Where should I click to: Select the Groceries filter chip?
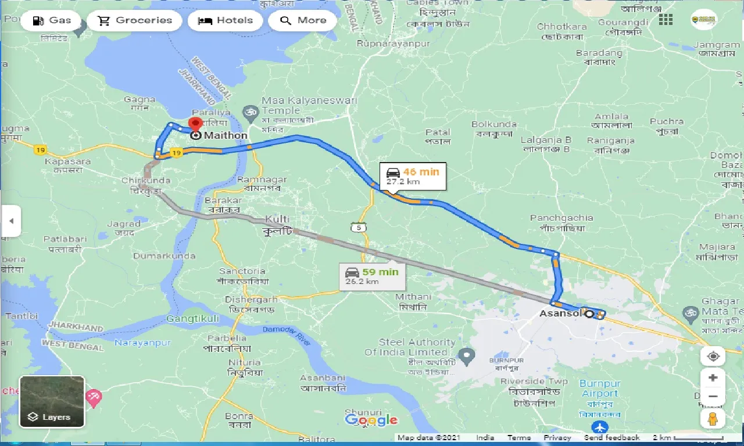pyautogui.click(x=135, y=20)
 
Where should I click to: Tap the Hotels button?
pyautogui.click(x=225, y=20)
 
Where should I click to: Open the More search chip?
pyautogui.click(x=303, y=20)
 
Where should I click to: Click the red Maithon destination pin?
pyautogui.click(x=195, y=124)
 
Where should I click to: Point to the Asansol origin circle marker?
pyautogui.click(x=589, y=314)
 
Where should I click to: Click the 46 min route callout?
pyautogui.click(x=413, y=176)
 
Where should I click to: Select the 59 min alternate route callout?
pyautogui.click(x=373, y=276)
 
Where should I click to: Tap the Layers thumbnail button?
pyautogui.click(x=52, y=401)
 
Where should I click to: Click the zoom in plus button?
pyautogui.click(x=713, y=377)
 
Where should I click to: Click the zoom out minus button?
pyautogui.click(x=713, y=397)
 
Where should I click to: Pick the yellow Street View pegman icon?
pyautogui.click(x=713, y=418)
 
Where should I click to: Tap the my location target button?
pyautogui.click(x=713, y=356)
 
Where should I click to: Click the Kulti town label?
pyautogui.click(x=277, y=220)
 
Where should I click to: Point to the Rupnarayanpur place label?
pyautogui.click(x=394, y=44)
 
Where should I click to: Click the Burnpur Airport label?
pyautogui.click(x=600, y=389)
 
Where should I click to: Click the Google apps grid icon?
pyautogui.click(x=666, y=20)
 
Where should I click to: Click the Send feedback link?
pyautogui.click(x=611, y=438)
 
